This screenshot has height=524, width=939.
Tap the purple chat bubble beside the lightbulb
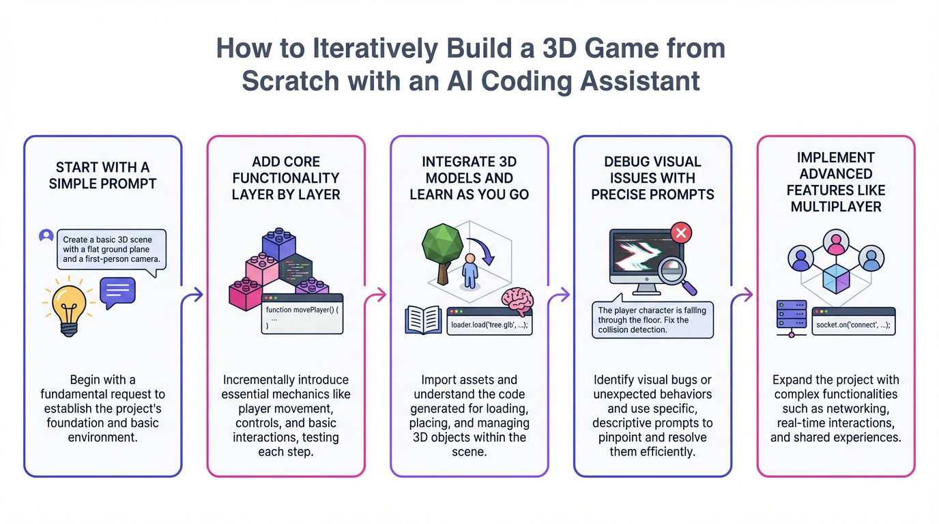[x=117, y=292]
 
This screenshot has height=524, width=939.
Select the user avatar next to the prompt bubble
[x=46, y=235]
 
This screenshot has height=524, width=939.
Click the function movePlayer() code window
[x=302, y=314]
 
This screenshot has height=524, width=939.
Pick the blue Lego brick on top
[x=279, y=244]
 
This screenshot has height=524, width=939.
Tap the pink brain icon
[x=518, y=301]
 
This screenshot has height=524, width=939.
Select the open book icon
[x=423, y=320]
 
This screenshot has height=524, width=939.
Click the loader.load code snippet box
[x=489, y=321]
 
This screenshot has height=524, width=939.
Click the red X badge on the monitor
[x=681, y=233]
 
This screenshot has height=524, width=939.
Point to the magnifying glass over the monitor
[x=676, y=274]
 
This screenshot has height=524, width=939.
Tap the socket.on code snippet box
[x=854, y=321]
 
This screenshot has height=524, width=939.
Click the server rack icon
[x=792, y=319]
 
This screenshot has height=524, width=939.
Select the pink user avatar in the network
[x=836, y=242]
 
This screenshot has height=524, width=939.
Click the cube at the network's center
[x=836, y=279]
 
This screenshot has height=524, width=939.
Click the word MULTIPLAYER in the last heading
[x=836, y=207]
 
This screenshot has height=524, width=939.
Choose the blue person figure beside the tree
[x=470, y=271]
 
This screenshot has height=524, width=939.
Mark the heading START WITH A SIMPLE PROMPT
[x=102, y=175]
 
